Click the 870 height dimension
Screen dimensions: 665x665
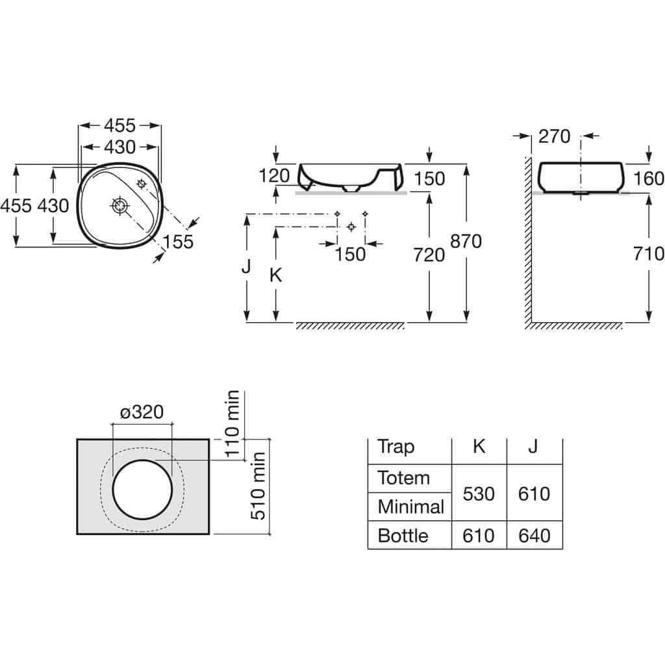point(466,242)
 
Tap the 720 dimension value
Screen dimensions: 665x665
point(429,255)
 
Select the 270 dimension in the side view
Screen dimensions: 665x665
point(555,136)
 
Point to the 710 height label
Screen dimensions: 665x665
point(649,254)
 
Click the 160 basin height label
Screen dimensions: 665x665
point(649,179)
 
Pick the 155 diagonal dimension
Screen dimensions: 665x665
point(178,242)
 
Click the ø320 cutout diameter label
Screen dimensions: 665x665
point(142,412)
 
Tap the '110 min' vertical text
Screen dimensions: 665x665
point(233,423)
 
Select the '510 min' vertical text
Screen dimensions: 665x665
point(258,486)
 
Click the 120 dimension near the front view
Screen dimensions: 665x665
point(274,175)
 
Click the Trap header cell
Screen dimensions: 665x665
point(395,447)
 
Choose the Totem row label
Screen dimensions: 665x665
point(404,479)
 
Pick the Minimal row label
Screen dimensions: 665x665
point(410,507)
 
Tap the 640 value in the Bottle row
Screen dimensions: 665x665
point(534,536)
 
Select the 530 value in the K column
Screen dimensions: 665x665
point(479,494)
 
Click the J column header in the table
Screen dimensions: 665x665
point(533,447)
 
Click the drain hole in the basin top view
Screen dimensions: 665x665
point(120,206)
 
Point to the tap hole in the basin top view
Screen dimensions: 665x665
point(141,184)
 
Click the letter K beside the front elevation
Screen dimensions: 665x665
point(275,275)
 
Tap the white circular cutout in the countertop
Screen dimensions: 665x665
point(142,489)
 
